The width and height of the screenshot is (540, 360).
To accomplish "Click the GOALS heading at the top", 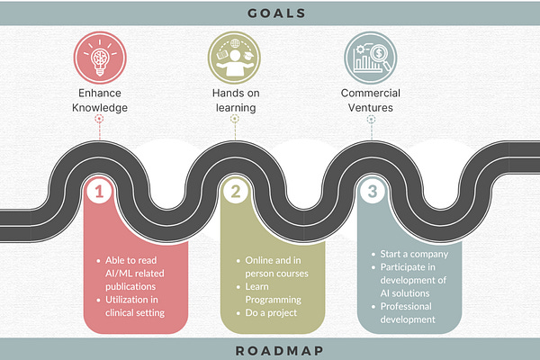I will pos(269,13).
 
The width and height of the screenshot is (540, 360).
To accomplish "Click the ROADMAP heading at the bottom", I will pos(269,348).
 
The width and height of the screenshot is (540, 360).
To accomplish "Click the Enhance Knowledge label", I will pos(100,99).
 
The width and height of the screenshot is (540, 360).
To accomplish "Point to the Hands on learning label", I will pos(234,99).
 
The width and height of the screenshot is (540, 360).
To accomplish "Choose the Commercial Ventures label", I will pos(369,99).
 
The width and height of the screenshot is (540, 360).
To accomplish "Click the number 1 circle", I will pos(100,191).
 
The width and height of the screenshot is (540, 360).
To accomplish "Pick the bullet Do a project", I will pos(271,312).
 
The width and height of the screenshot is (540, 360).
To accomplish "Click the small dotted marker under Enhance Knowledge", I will pos(100,118).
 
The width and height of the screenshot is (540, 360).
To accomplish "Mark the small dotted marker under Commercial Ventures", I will pos(369,118).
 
